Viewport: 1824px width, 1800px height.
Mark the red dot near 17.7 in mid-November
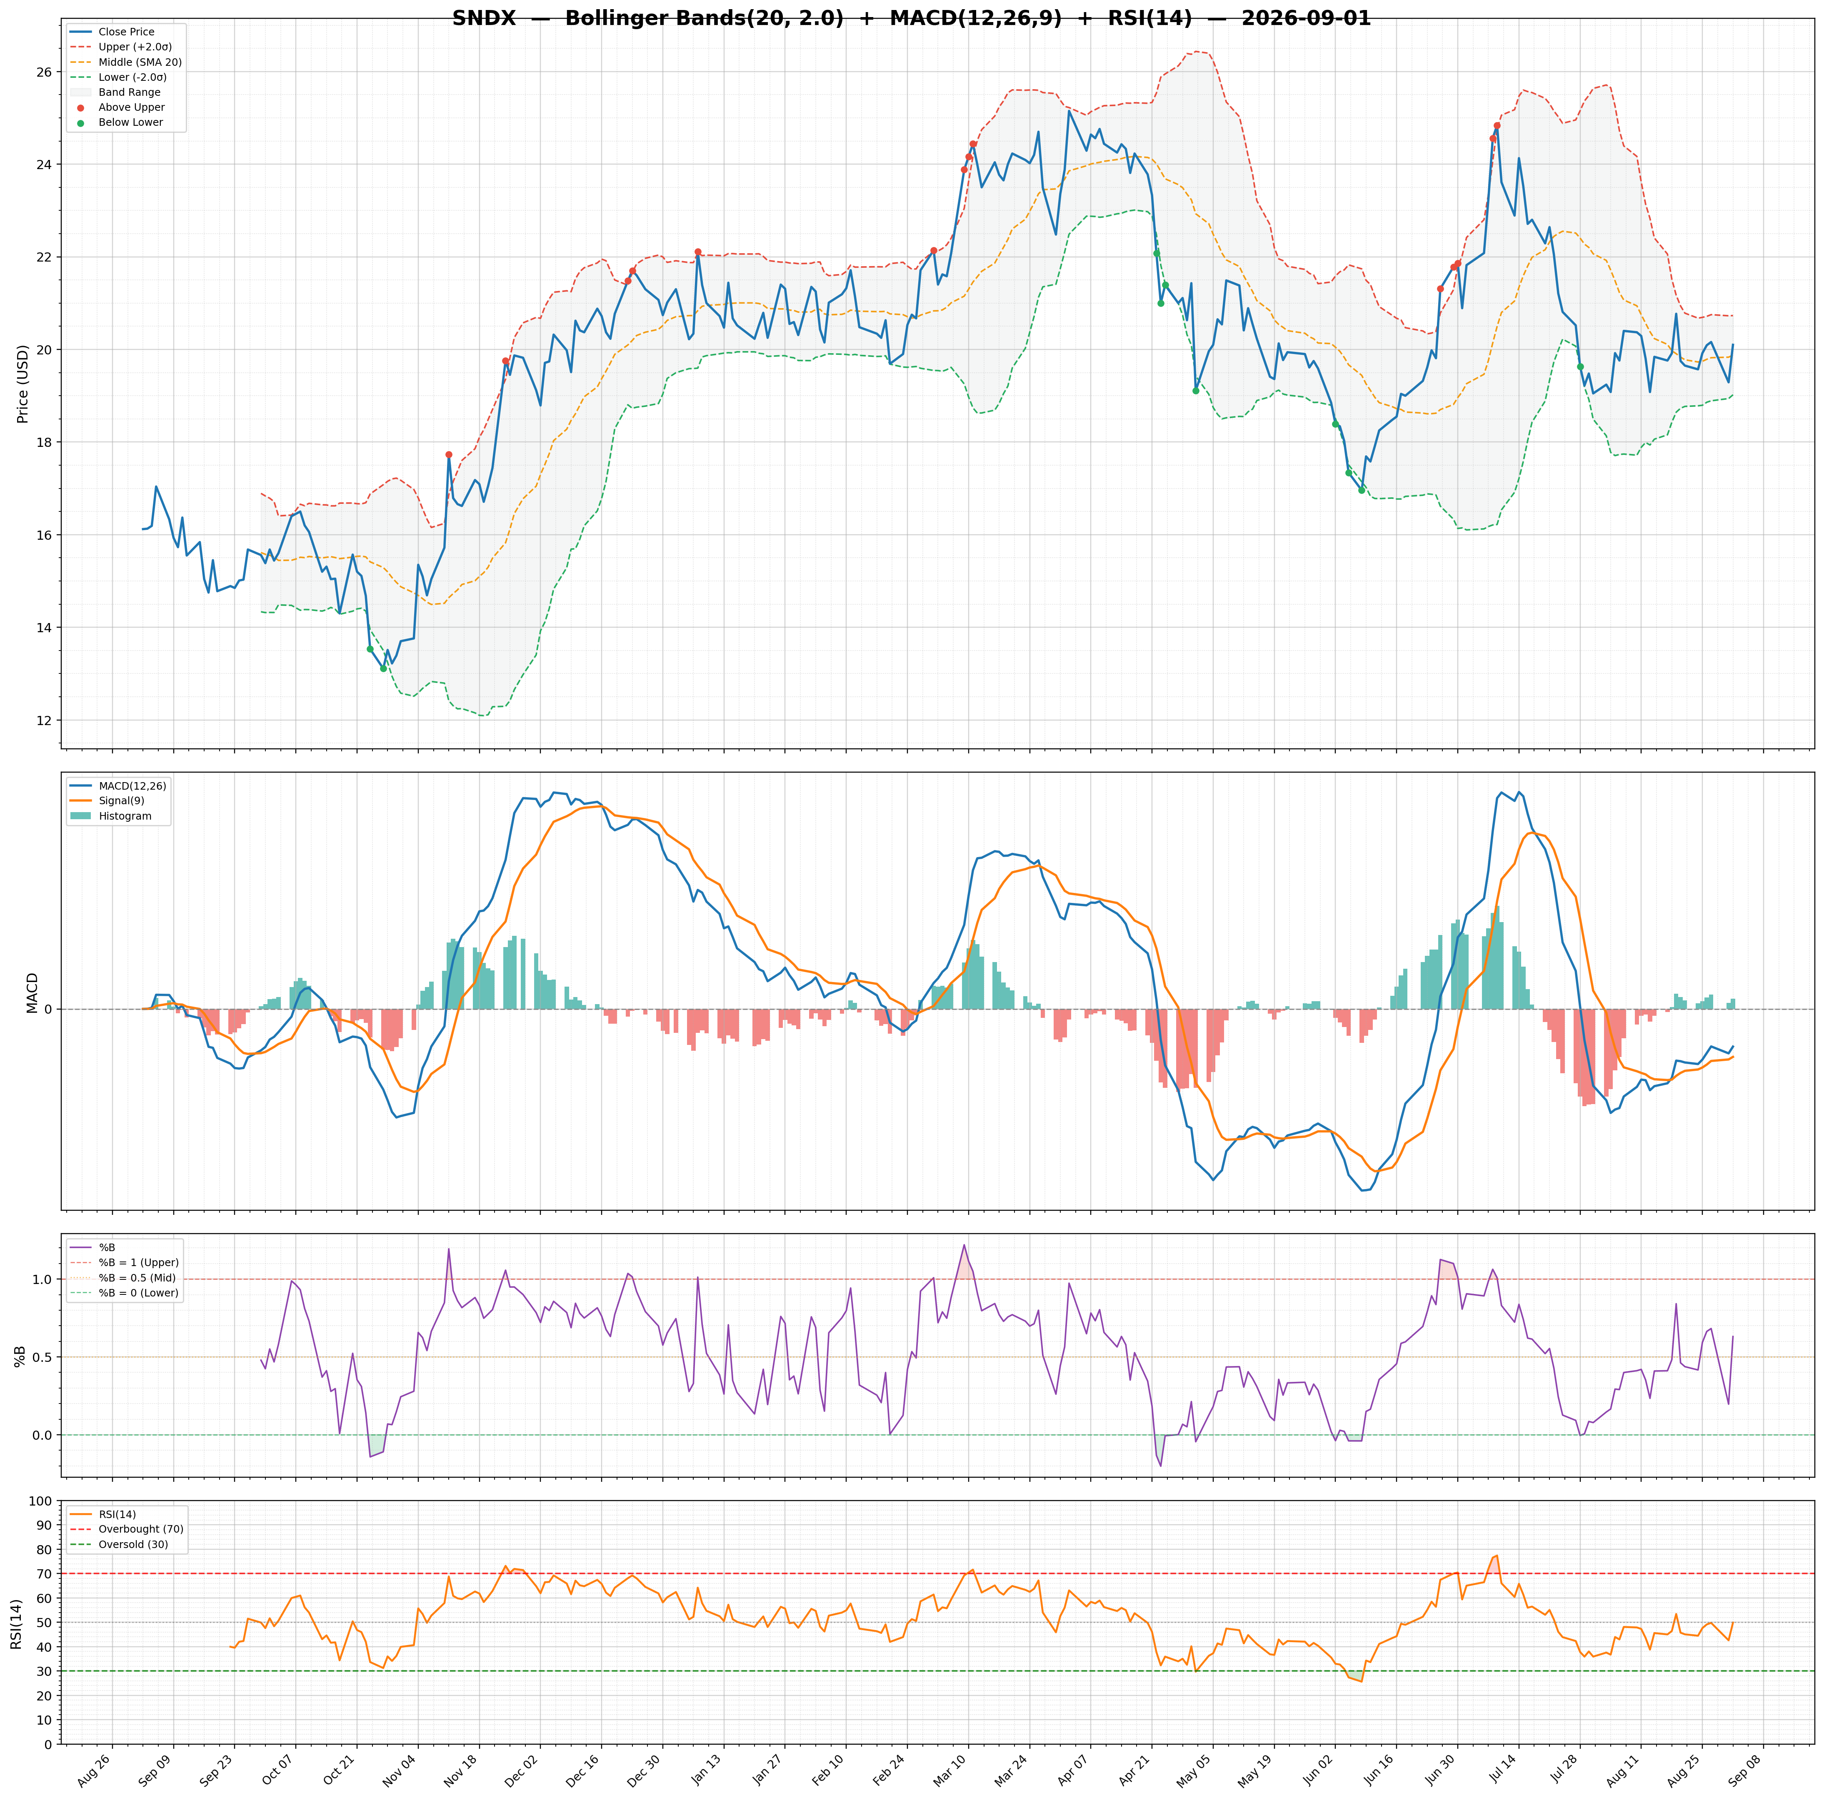448,455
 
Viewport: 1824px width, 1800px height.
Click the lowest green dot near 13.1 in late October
383,668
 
